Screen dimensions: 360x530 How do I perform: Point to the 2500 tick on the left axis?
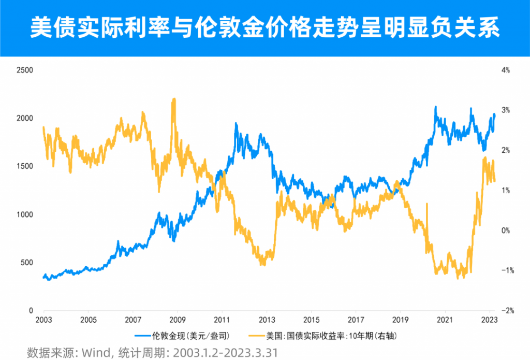pos(25,70)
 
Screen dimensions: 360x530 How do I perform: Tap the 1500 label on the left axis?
pos(25,166)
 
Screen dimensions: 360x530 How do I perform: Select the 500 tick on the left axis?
pos(27,263)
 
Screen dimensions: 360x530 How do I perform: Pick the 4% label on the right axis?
pos(505,70)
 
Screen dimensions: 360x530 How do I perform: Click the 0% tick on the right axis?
pos(505,231)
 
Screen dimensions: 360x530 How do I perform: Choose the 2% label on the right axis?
pos(505,150)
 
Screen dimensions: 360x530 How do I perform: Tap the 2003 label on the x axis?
pos(43,319)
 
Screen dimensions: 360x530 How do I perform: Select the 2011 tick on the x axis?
pos(222,319)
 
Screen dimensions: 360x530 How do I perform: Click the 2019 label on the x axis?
pos(400,319)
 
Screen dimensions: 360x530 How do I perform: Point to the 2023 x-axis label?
pos(489,319)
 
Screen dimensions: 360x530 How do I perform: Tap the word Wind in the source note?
pos(90,353)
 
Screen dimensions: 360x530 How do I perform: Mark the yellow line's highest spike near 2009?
pos(174,99)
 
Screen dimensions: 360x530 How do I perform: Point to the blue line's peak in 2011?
pos(236,124)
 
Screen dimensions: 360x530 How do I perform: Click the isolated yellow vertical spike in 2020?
pos(427,204)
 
